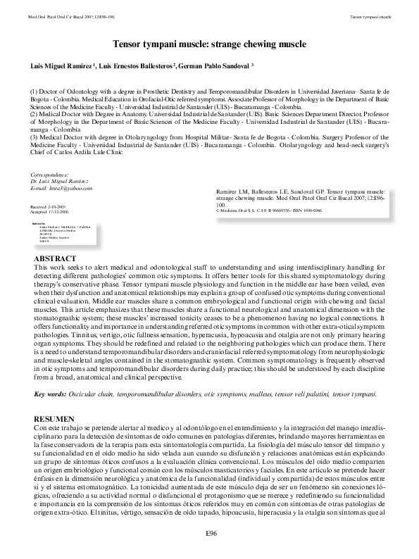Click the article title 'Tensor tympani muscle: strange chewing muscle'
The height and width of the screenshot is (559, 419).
coord(209,44)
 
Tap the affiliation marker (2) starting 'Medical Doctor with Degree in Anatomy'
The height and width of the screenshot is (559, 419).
coord(35,111)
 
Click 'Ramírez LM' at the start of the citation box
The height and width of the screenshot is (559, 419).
coord(232,191)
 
